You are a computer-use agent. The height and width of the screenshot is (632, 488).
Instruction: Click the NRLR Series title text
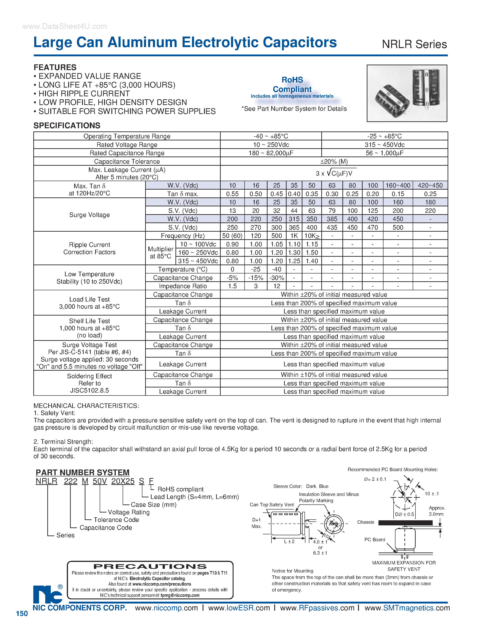click(x=414, y=44)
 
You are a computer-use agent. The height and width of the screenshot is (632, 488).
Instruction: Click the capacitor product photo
click(x=407, y=93)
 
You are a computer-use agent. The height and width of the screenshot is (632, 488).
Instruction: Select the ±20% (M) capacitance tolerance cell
click(x=334, y=162)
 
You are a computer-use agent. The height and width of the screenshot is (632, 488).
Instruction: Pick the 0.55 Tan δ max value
click(x=232, y=194)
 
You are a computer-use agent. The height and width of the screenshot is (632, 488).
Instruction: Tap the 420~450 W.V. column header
click(x=430, y=185)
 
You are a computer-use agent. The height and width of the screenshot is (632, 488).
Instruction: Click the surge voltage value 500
click(x=398, y=228)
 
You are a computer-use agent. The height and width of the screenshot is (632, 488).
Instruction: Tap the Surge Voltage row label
click(x=89, y=215)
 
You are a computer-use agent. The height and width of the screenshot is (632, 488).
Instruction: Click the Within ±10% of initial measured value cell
click(x=334, y=375)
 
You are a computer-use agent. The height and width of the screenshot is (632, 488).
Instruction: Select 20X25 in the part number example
click(x=123, y=481)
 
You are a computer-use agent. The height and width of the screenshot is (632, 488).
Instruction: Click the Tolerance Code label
click(x=116, y=520)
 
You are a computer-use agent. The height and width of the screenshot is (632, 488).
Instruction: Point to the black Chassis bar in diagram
click(x=405, y=523)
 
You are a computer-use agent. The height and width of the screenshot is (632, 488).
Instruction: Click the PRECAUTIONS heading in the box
click(x=150, y=567)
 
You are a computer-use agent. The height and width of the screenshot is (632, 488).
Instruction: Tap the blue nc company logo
click(x=48, y=594)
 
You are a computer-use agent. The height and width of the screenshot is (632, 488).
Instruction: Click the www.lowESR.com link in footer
click(x=239, y=608)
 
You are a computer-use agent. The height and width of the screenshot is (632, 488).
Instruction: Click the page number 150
click(x=22, y=613)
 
